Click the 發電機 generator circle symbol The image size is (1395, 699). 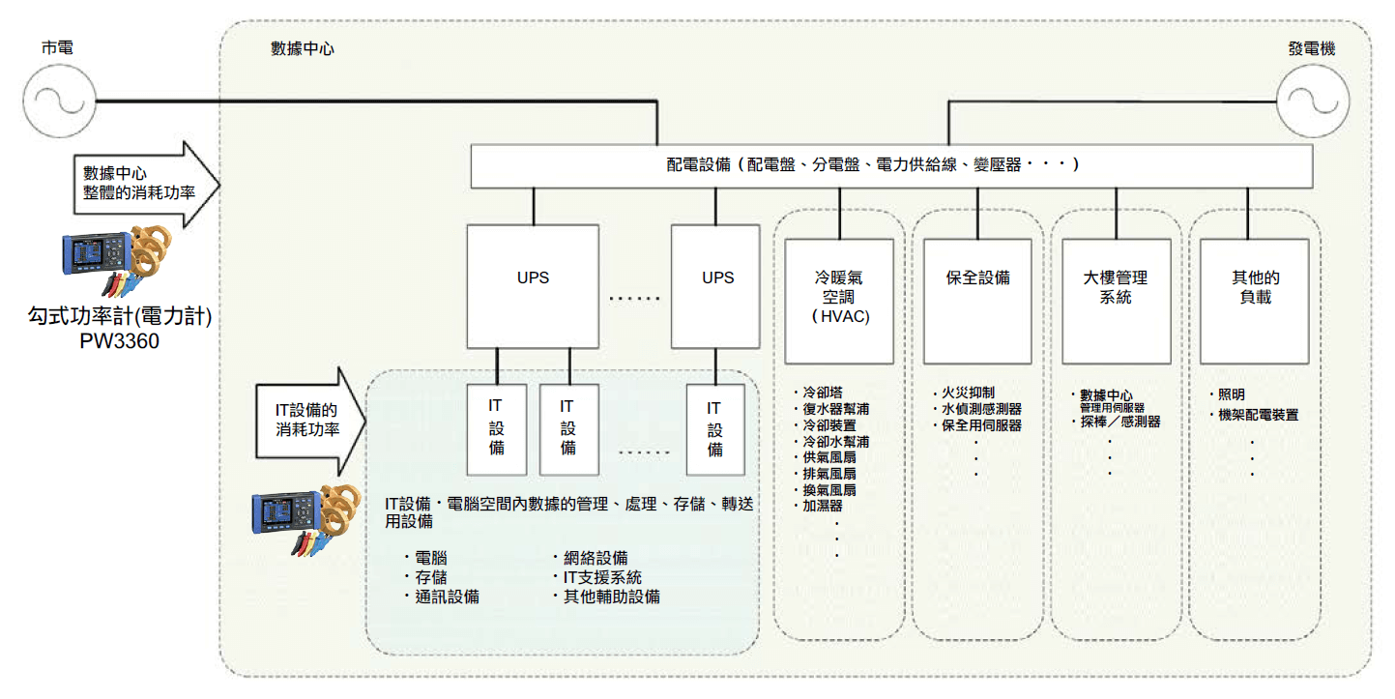click(x=1313, y=100)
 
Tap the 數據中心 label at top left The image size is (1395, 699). click(x=303, y=47)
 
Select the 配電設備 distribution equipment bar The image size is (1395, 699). click(x=890, y=165)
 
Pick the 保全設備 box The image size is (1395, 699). click(x=977, y=298)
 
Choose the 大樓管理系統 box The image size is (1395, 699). click(x=1116, y=298)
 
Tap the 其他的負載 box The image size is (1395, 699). click(x=1254, y=298)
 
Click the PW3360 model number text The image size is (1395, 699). click(x=120, y=342)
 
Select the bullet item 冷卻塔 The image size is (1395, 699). click(x=823, y=393)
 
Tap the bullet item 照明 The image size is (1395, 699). click(x=1231, y=394)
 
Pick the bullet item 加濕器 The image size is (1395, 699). click(x=823, y=506)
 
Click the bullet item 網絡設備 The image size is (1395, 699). click(x=596, y=558)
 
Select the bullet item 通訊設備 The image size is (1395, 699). click(x=447, y=597)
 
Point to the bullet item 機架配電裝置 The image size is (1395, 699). click(x=1258, y=415)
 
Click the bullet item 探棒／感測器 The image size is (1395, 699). click(x=1120, y=422)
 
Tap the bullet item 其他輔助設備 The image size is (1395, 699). click(x=612, y=597)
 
